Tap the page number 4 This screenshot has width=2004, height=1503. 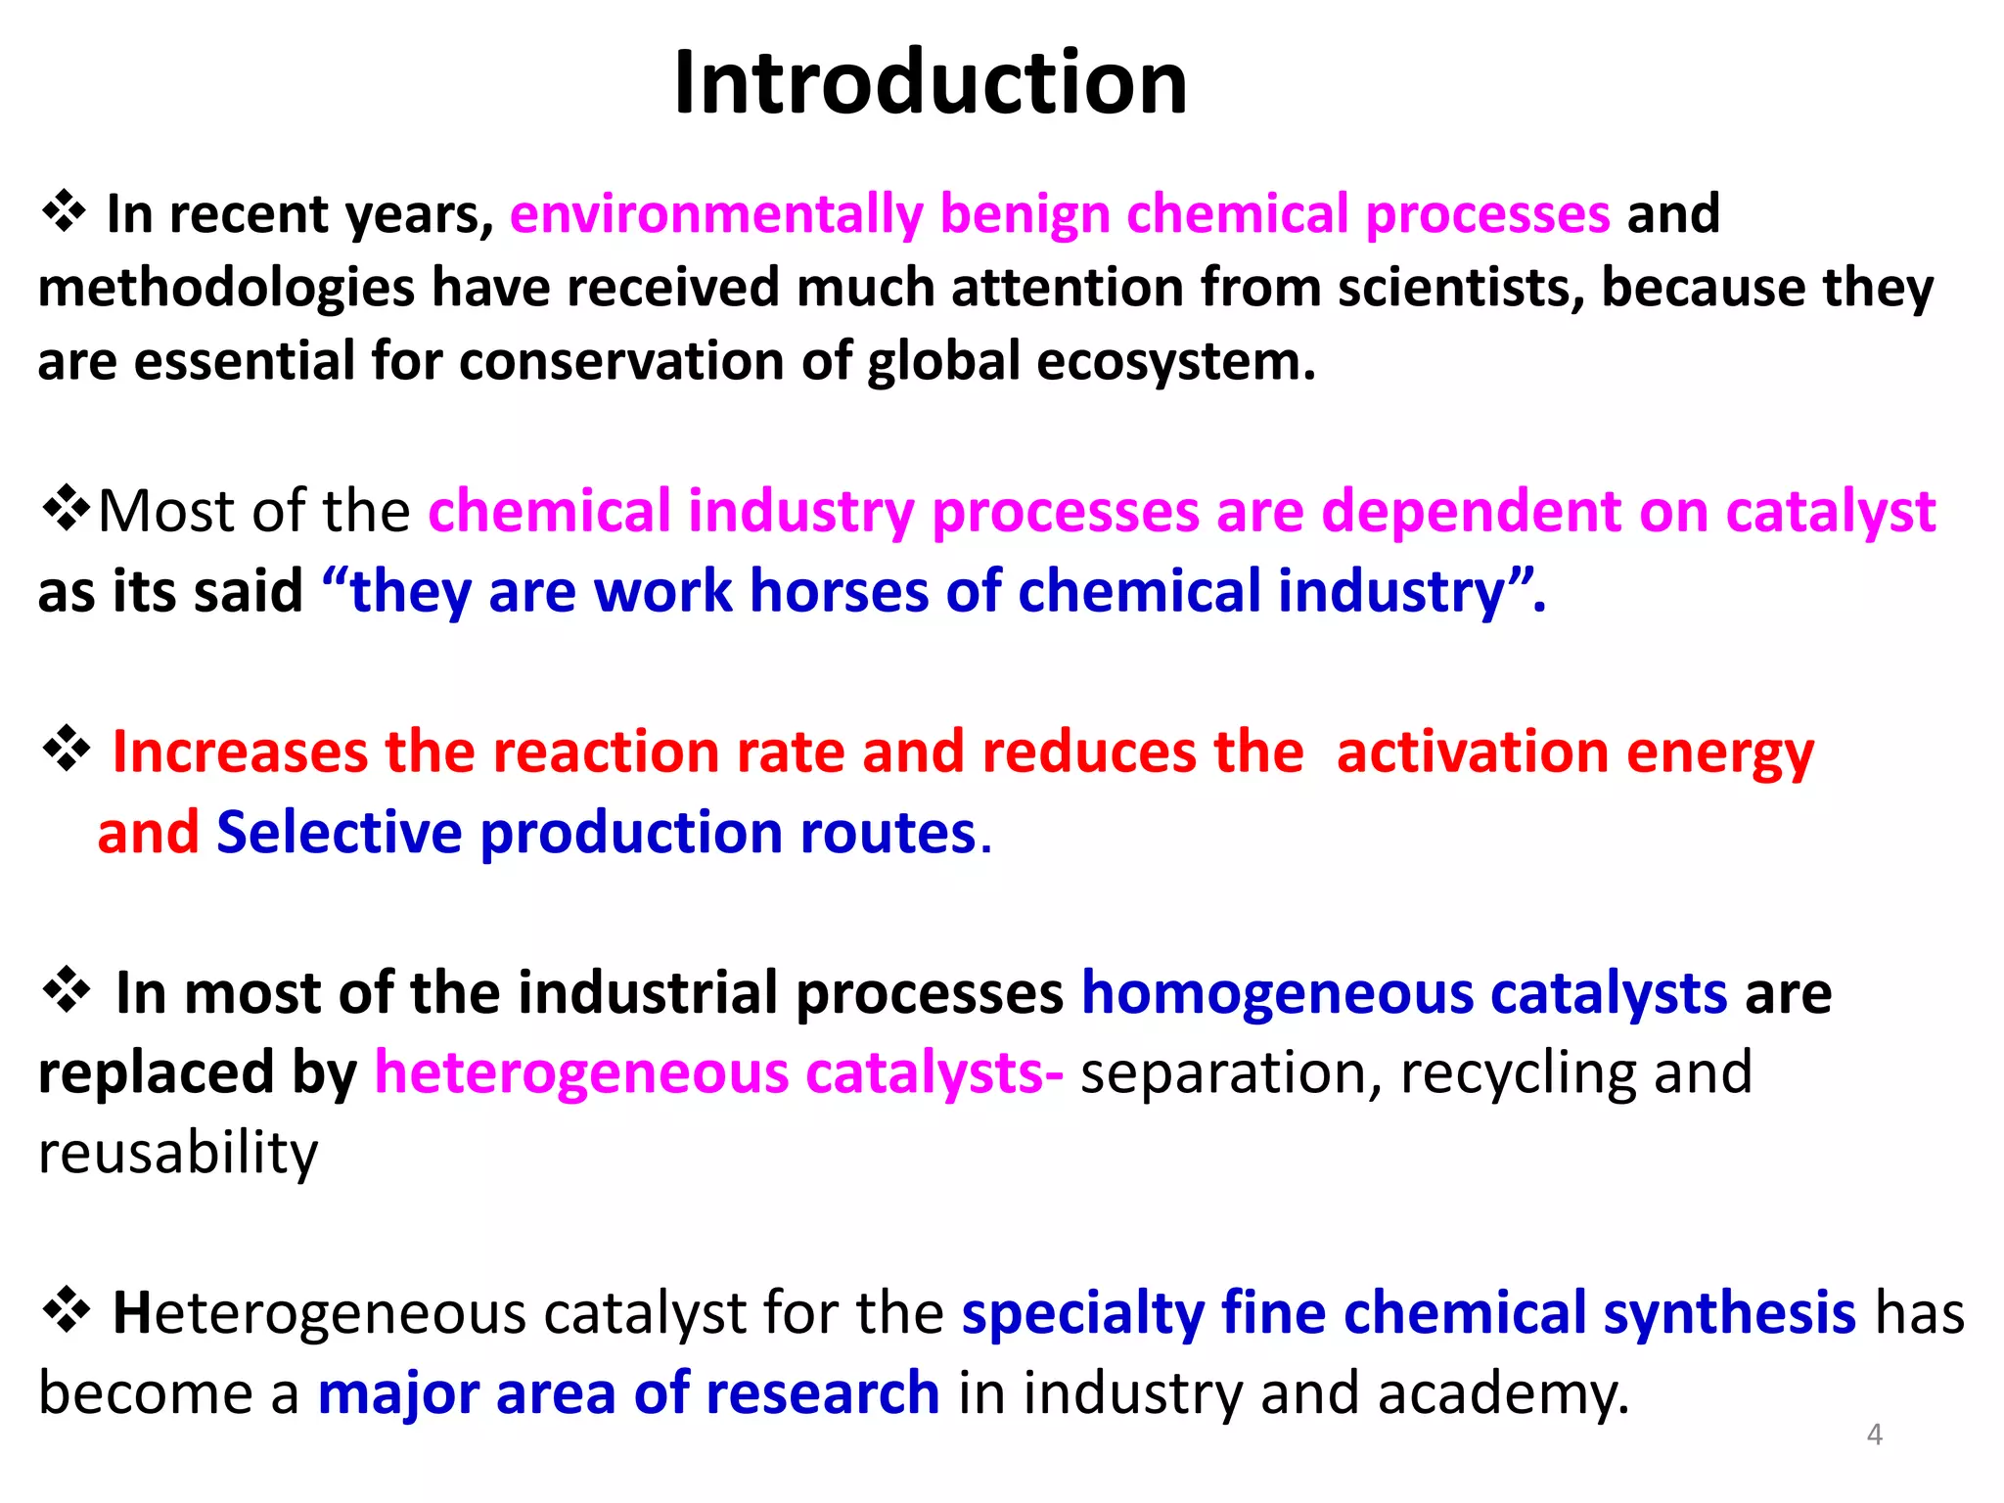coord(1874,1435)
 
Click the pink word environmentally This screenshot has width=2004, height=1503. coord(716,213)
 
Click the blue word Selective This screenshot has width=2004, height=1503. coord(339,833)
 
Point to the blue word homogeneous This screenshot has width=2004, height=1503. coord(1277,993)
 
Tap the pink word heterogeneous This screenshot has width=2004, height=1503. coord(581,1072)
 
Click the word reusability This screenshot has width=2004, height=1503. coord(178,1152)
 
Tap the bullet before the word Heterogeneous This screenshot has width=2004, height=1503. coord(66,1310)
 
